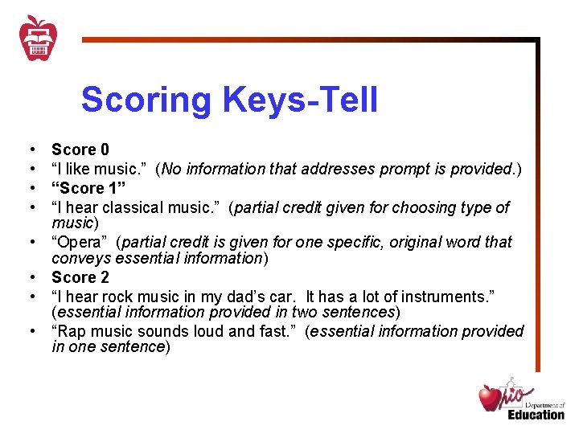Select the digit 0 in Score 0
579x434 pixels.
coord(105,149)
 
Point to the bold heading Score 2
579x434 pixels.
coord(80,277)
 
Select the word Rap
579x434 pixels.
coord(71,331)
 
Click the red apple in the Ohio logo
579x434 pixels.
coord(490,398)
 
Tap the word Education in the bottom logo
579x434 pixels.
coord(536,414)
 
